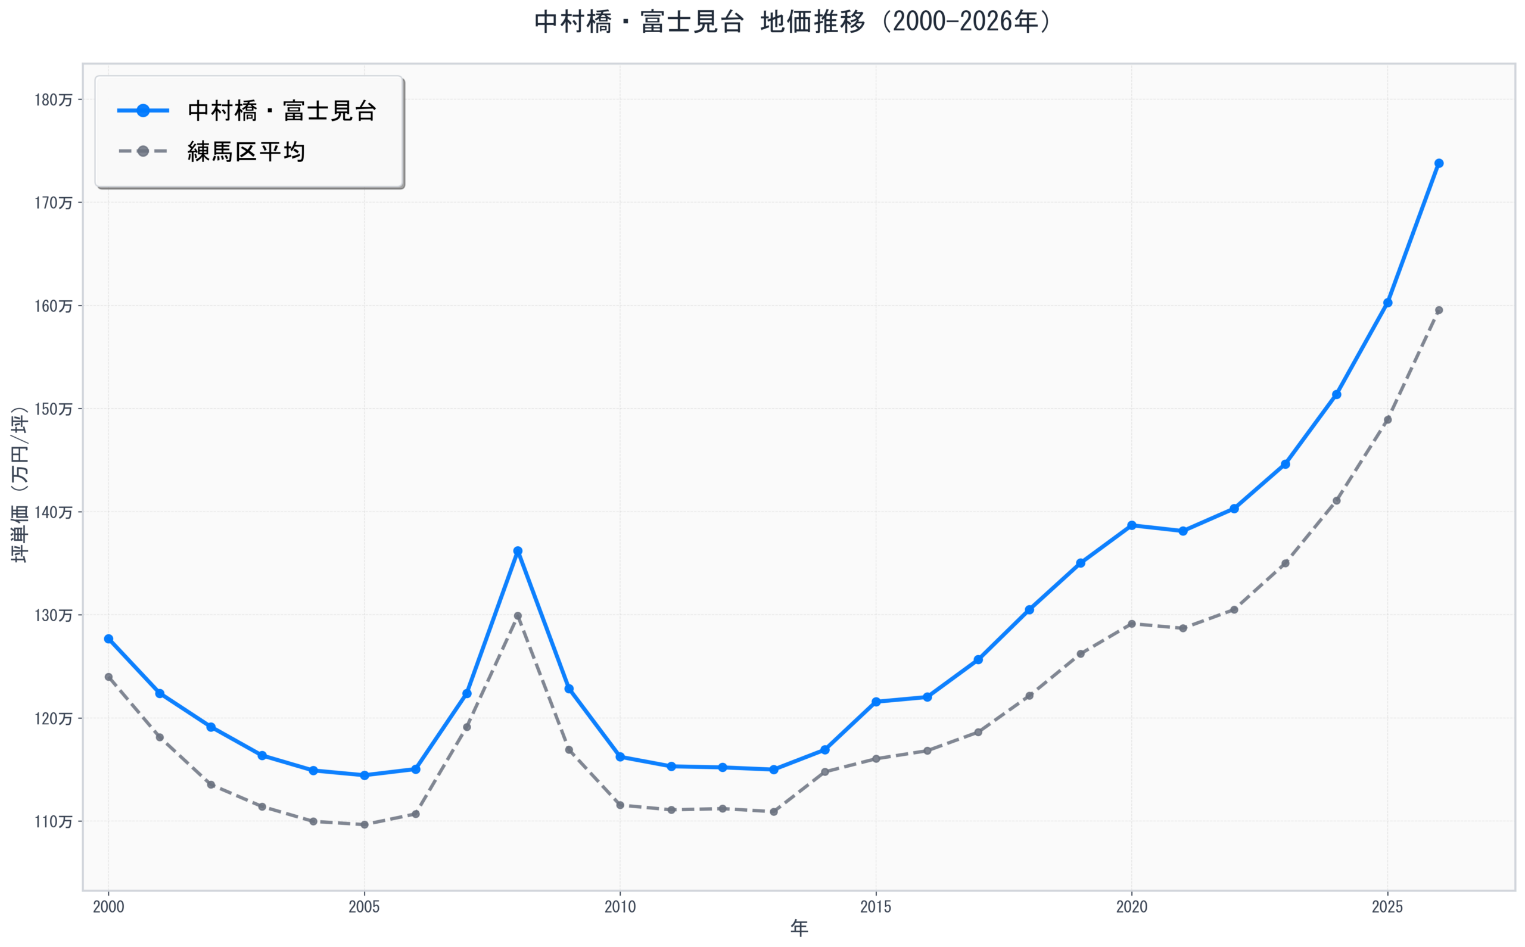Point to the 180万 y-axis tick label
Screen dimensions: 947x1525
coord(53,100)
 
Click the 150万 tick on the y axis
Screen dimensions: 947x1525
coord(53,409)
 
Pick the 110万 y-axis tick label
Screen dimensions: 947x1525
coord(53,821)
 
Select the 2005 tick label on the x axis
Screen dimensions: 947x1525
coord(364,907)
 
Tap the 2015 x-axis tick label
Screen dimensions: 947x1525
coord(876,907)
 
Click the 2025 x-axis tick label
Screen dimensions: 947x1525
coord(1387,907)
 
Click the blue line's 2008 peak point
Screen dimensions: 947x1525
coord(518,551)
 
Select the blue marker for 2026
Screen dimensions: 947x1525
coord(1439,163)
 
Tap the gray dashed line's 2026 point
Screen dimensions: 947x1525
coord(1439,310)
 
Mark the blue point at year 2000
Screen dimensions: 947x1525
coord(108,639)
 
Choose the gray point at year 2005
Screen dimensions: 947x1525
coord(364,825)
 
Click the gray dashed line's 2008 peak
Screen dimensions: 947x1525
coord(518,616)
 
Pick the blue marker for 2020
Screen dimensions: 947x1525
coord(1132,525)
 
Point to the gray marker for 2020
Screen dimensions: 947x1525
coord(1132,624)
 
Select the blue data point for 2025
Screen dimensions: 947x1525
coord(1388,303)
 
